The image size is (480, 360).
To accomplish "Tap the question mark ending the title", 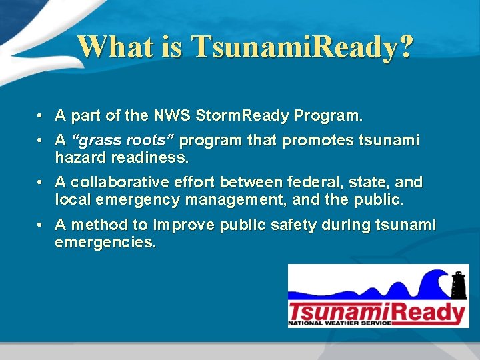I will click(405, 47).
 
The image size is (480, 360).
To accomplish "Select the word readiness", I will click(149, 158).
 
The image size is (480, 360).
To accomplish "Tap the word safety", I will click(293, 225).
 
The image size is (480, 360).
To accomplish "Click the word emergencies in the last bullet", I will click(105, 241).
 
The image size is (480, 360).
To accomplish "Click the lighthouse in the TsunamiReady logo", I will click(459, 284).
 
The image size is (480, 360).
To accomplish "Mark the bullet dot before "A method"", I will click(41, 225).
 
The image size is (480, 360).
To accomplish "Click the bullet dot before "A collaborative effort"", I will click(41, 183).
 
